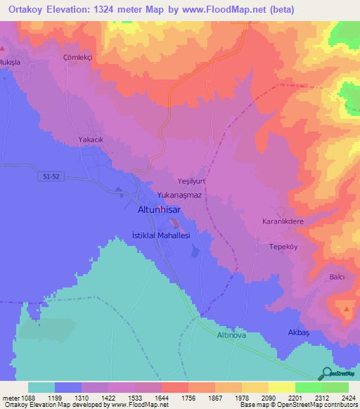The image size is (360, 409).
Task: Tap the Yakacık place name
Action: click(x=91, y=140)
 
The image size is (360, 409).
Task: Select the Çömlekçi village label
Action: click(x=78, y=56)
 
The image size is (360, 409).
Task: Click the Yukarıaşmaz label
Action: click(x=180, y=196)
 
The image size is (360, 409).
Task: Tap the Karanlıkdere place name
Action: click(x=283, y=221)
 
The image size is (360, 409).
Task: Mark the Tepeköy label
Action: click(x=285, y=247)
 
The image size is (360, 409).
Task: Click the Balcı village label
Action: click(x=336, y=277)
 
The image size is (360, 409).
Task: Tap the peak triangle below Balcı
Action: click(x=346, y=309)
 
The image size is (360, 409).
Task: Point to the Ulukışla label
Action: click(x=13, y=60)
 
